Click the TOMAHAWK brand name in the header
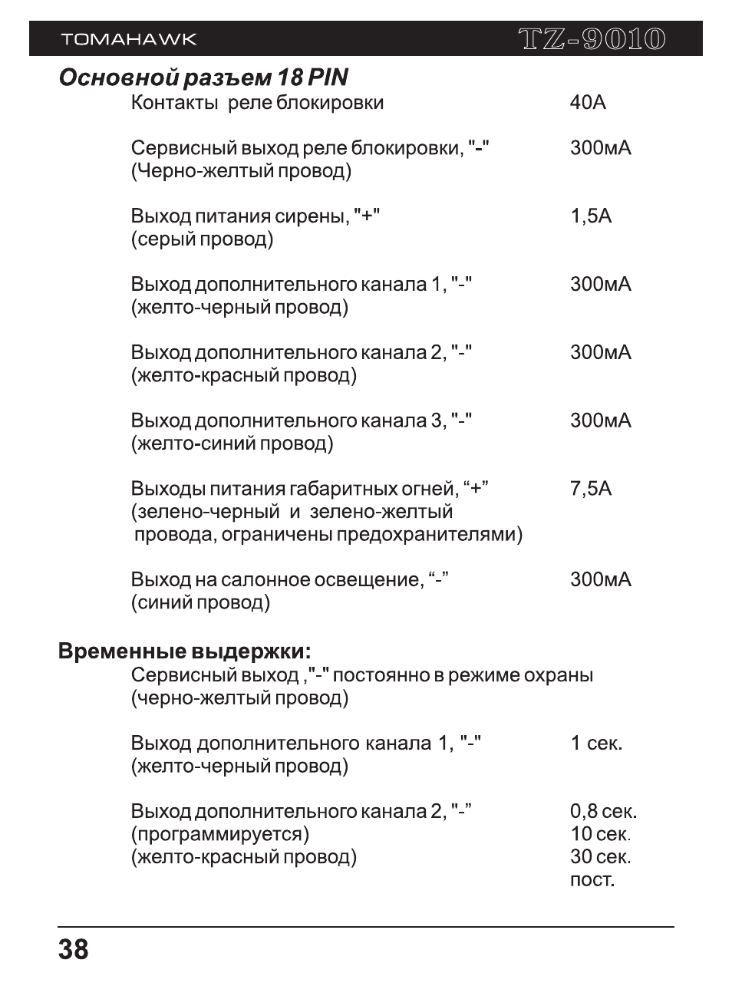(x=128, y=39)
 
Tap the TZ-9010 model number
(x=591, y=39)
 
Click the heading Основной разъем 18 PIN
(x=203, y=78)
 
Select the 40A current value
(x=588, y=103)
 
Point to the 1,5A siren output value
(x=591, y=216)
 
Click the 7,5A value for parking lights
(x=591, y=489)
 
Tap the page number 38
(x=73, y=950)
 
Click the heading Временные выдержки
(x=185, y=652)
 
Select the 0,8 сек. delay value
(x=603, y=812)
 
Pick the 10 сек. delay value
(x=600, y=834)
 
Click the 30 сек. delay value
(x=600, y=857)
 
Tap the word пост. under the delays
(x=592, y=880)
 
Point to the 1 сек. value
(x=596, y=744)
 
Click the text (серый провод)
(x=202, y=239)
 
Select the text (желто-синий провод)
(x=232, y=444)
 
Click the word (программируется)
(x=220, y=834)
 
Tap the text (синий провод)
(x=200, y=603)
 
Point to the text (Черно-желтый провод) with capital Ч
(x=241, y=171)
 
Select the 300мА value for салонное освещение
(x=600, y=580)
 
